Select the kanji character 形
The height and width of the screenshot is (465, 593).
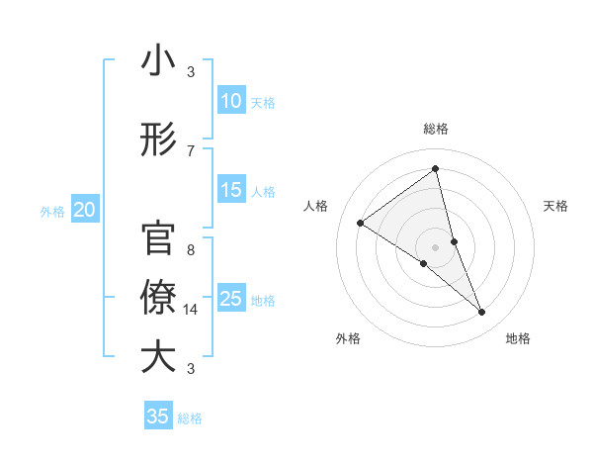coord(158,139)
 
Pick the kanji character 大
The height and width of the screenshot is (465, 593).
coord(158,357)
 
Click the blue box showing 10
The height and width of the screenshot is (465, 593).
coord(231,101)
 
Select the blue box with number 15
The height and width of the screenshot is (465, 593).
coord(231,190)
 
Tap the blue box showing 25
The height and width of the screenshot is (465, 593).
coord(231,299)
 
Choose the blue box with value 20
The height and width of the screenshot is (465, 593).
coord(85,210)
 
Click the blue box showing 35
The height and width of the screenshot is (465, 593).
coord(158,417)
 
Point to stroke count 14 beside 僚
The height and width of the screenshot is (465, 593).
coord(191,310)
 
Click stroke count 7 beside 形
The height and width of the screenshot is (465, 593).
coord(191,150)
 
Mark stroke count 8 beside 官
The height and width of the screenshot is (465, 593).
coord(191,250)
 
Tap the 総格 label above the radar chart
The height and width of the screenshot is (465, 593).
coord(435,129)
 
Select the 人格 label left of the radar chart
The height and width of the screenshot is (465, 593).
coord(316,206)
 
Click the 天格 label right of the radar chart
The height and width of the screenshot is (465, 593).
coord(555,206)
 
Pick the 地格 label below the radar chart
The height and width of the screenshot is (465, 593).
coord(518,338)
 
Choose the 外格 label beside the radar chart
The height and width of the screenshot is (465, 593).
coord(348,338)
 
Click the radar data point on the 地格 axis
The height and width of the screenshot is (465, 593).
coord(482,313)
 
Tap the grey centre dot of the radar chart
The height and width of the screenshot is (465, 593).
coord(435,246)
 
